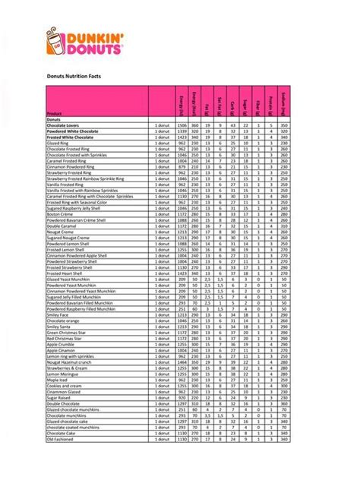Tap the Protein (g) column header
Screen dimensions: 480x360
tap(270, 103)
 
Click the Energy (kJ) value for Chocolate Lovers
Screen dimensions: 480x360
tap(182, 125)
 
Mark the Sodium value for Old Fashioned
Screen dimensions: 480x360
tap(283, 439)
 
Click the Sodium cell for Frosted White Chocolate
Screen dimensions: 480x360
tap(283, 137)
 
